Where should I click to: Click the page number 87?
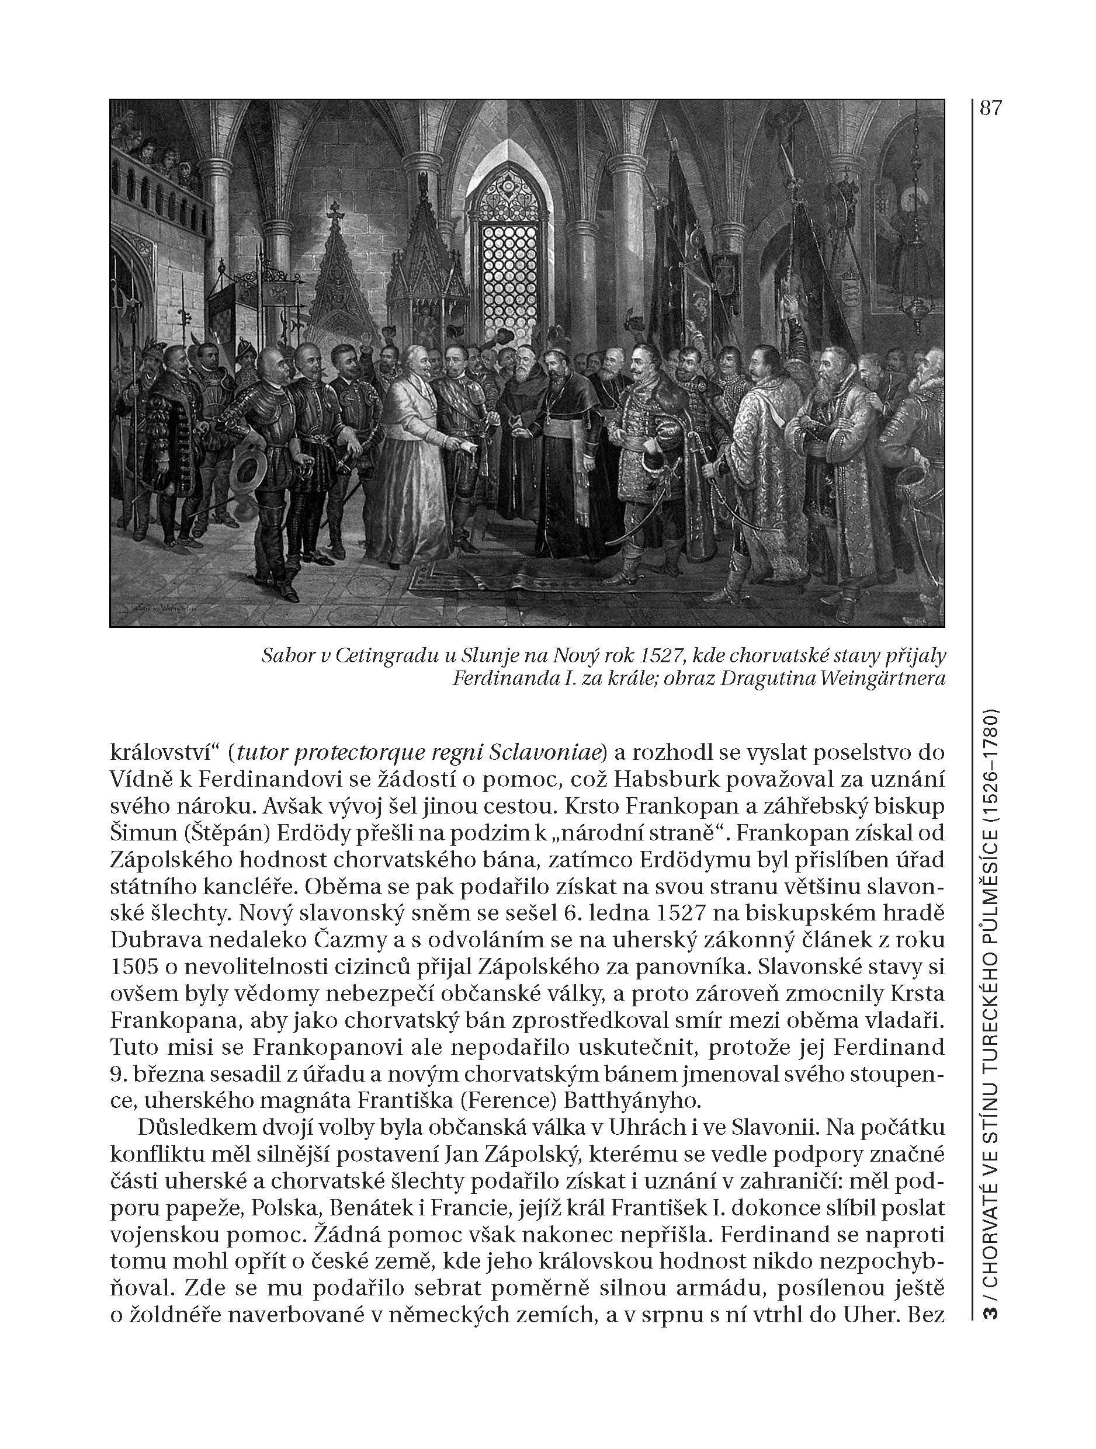click(x=990, y=107)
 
